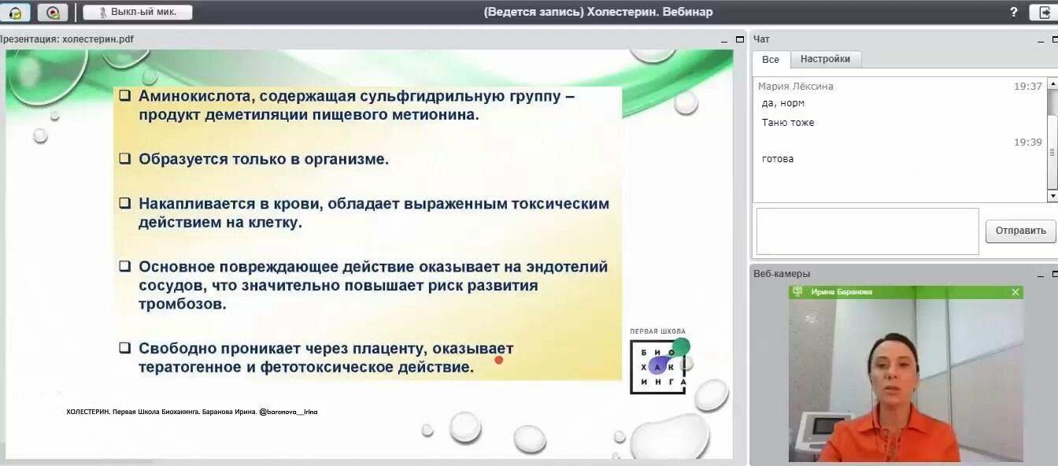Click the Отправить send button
pyautogui.click(x=1020, y=231)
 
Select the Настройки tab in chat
pyautogui.click(x=825, y=60)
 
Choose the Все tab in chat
pyautogui.click(x=771, y=60)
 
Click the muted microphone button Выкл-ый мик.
pyautogui.click(x=138, y=13)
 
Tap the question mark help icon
pyautogui.click(x=1014, y=12)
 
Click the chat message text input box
pyautogui.click(x=867, y=231)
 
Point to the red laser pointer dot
pyautogui.click(x=499, y=361)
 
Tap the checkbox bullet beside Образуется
pyautogui.click(x=124, y=158)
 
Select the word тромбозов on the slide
pyautogui.click(x=182, y=304)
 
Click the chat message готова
pyautogui.click(x=778, y=159)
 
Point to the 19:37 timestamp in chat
pyautogui.click(x=1028, y=87)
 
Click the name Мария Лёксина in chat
pyautogui.click(x=795, y=87)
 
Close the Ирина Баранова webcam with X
pyautogui.click(x=1015, y=292)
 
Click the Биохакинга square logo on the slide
pyautogui.click(x=657, y=367)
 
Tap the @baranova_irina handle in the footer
pyautogui.click(x=288, y=412)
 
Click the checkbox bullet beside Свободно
pyautogui.click(x=124, y=348)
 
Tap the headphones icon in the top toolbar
pyautogui.click(x=15, y=13)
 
